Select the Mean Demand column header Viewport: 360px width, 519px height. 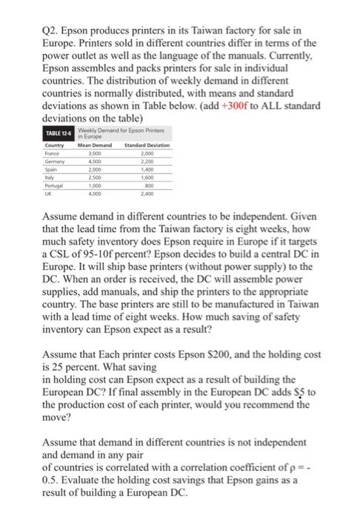point(94,145)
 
